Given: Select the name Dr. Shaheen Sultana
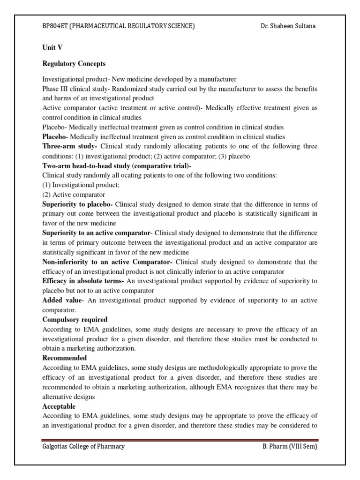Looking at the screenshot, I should (288, 26).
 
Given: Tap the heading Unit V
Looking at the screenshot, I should (51, 48).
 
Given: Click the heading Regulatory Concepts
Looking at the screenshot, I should (74, 64).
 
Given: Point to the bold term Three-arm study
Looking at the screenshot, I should (70, 147).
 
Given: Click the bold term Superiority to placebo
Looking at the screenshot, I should (77, 204).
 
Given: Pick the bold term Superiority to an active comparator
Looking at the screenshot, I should (97, 233).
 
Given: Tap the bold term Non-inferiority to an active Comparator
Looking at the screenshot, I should (107, 262).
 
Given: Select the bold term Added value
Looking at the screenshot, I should (61, 300).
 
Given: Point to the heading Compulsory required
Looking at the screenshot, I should (75, 320).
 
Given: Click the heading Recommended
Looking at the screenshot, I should (65, 358).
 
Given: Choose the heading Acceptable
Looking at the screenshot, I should (59, 406).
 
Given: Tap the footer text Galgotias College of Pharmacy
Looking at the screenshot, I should (83, 447).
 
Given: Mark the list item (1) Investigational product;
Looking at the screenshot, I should (81, 185).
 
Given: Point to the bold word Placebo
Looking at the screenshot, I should (55, 137).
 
